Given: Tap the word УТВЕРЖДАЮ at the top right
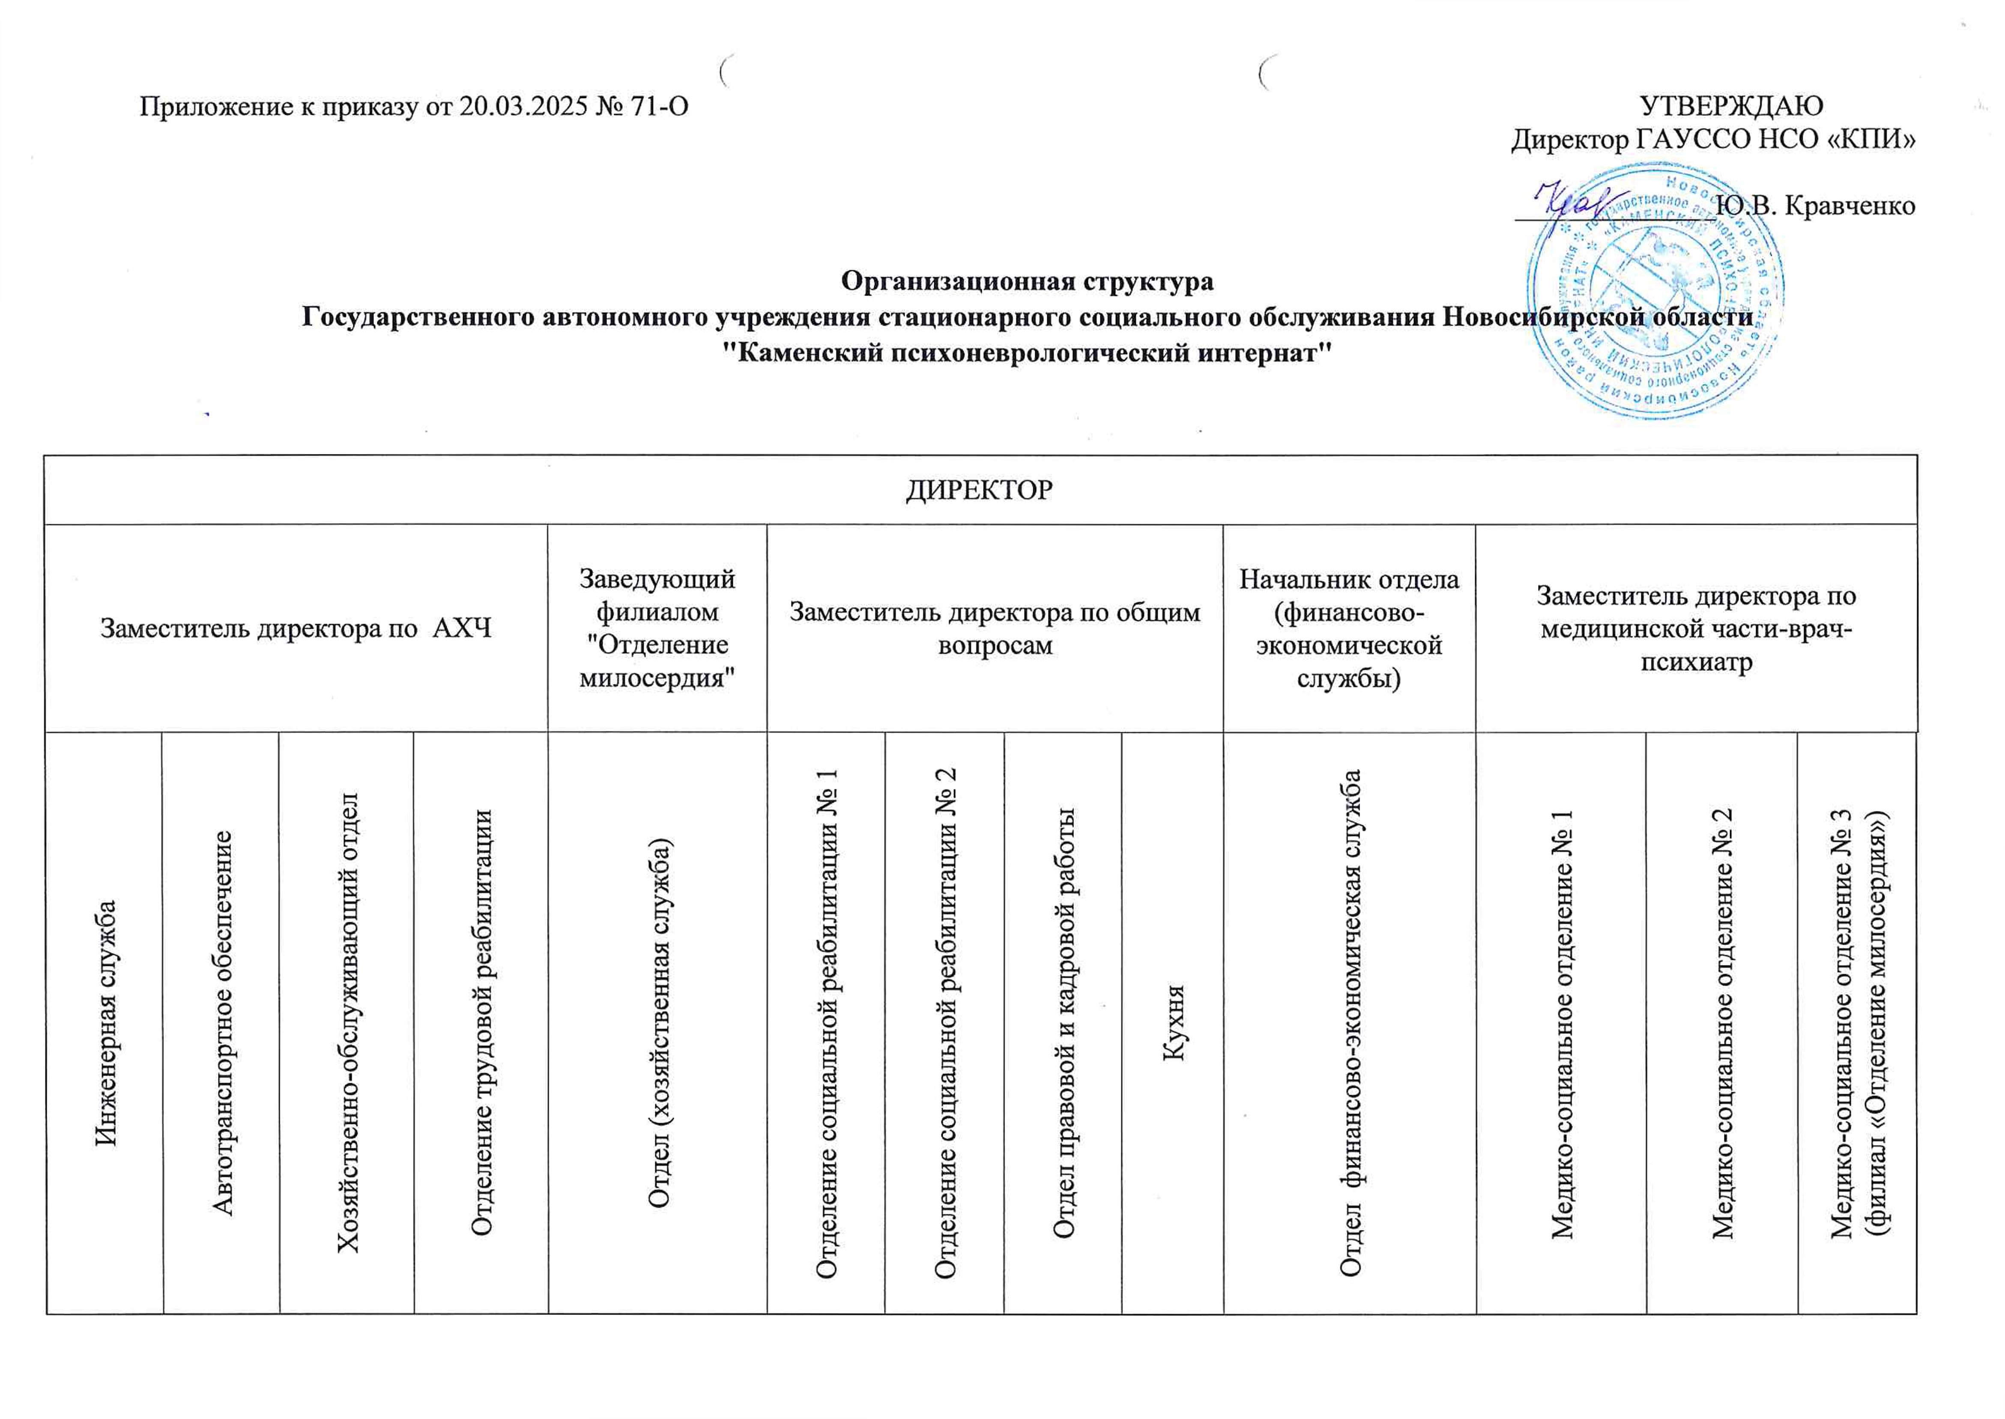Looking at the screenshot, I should (1731, 106).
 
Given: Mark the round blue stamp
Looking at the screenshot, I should (1655, 293).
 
